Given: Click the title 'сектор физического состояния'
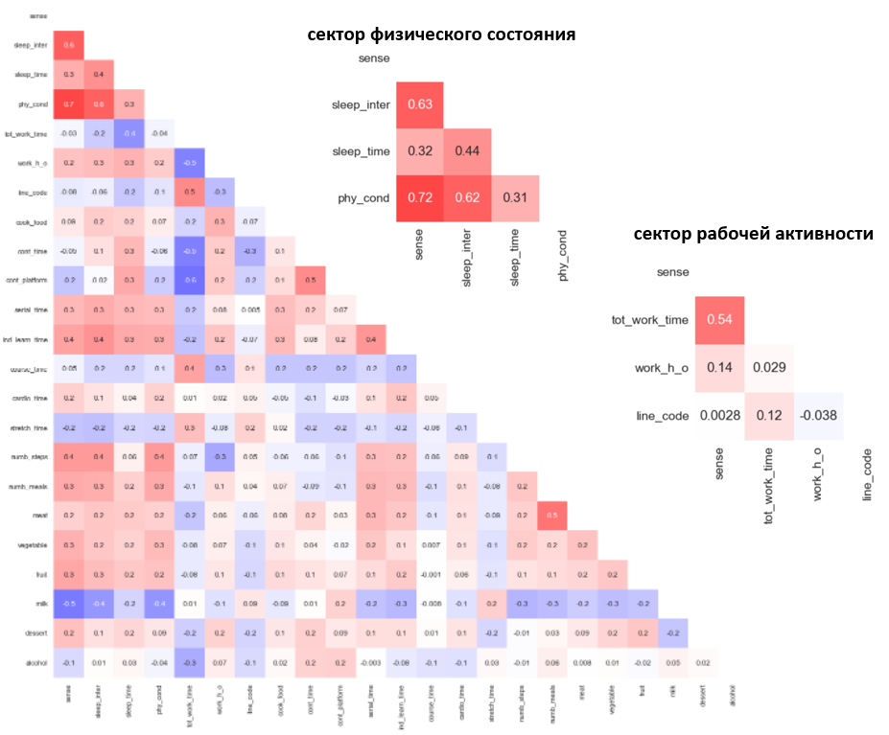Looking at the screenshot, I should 441,34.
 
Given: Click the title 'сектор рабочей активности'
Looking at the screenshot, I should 753,234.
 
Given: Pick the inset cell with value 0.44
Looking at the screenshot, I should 467,151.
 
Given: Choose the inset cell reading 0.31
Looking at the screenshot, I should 515,198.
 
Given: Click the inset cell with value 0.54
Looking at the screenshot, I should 720,319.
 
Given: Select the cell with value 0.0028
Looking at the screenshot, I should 720,417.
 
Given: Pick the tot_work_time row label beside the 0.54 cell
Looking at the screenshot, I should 649,319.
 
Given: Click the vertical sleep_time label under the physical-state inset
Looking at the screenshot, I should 515,258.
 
